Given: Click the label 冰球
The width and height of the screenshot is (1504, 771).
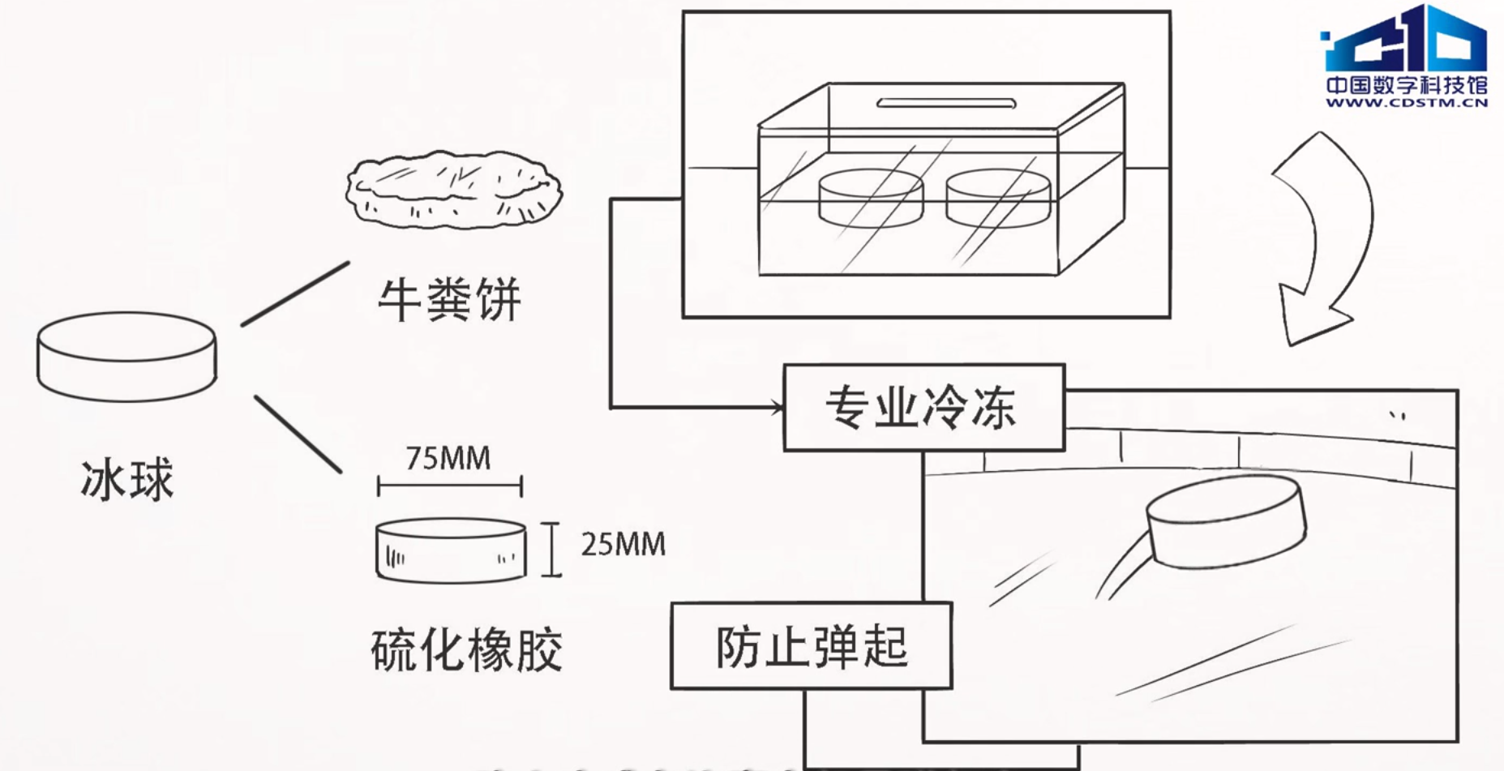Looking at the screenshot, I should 127,479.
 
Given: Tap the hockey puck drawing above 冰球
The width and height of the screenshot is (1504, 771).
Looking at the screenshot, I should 126,357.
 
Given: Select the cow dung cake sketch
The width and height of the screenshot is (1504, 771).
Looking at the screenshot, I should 453,190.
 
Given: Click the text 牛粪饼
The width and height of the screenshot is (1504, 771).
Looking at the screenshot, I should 449,299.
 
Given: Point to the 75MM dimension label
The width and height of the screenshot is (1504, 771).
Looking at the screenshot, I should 448,458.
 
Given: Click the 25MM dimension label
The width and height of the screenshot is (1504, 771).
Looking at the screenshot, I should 623,544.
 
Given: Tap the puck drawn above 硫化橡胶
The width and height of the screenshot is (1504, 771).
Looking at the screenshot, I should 451,551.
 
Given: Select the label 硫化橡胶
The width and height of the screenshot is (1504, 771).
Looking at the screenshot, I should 466,649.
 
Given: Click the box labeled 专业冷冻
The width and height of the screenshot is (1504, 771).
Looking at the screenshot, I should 923,407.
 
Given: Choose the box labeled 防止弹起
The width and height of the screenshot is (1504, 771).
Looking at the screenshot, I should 811,646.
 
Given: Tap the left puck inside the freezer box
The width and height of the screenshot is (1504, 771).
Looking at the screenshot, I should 870,199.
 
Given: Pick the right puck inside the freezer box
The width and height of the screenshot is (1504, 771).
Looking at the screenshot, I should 998,199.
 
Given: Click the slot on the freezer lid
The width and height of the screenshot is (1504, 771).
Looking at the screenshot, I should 946,103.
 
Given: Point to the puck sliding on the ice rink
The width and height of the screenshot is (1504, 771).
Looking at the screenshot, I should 1226,521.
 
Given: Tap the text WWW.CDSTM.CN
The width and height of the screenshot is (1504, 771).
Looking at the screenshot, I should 1407,103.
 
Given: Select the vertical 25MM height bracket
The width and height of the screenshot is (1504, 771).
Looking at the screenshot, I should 552,550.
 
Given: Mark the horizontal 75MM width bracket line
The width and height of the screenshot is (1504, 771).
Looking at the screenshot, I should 449,486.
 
